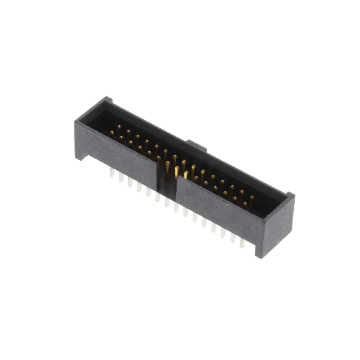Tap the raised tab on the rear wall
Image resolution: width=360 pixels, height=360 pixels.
tap(196, 146)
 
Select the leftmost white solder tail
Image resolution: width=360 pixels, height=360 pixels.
tap(111, 174)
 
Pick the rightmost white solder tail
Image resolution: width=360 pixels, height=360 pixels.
tap(242, 242)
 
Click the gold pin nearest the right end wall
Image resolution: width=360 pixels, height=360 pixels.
tap(251, 197)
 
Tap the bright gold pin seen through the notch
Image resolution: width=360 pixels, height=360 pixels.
tap(177, 172)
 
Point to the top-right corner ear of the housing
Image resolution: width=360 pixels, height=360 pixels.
tap(290, 196)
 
